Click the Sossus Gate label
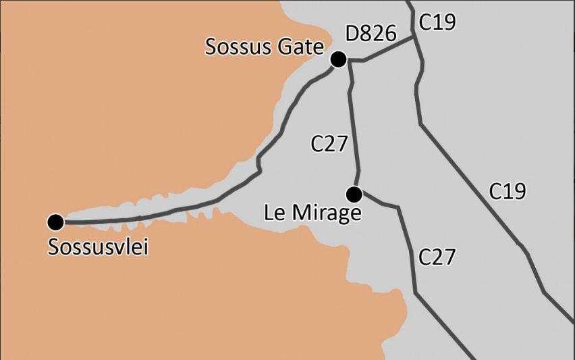tap(265, 47)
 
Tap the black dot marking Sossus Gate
tap(339, 60)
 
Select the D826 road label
tap(370, 34)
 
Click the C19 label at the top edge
tap(437, 22)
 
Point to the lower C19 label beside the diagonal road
tap(507, 191)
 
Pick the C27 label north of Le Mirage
tap(329, 144)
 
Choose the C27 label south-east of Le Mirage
tap(437, 257)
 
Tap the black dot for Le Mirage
tap(354, 195)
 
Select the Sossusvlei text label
tap(98, 247)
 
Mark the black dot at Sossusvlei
tap(55, 222)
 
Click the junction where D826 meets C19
tap(414, 38)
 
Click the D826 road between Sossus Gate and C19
tap(388, 49)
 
